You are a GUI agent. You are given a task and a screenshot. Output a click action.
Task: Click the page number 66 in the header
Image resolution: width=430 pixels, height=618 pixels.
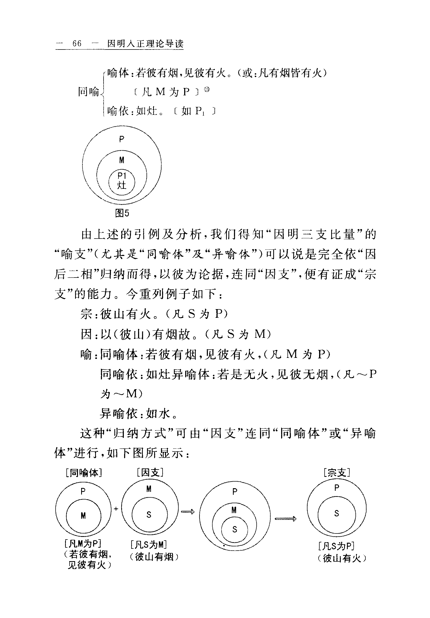[x=77, y=44]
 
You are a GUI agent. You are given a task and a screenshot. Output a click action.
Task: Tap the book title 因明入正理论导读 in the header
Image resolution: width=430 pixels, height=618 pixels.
[x=145, y=44]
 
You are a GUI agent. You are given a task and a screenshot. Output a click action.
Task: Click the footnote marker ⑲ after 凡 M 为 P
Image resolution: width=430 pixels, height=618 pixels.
[x=207, y=90]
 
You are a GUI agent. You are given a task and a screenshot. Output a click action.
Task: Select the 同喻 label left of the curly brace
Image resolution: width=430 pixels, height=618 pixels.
[x=89, y=92]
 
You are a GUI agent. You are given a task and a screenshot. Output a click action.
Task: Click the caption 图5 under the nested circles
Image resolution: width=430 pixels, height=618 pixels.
[x=122, y=213]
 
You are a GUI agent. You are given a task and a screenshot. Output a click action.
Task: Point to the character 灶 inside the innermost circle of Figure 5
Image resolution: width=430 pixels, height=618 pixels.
[x=122, y=185]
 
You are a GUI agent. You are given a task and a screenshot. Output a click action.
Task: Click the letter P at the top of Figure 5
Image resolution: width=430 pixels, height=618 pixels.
[x=122, y=139]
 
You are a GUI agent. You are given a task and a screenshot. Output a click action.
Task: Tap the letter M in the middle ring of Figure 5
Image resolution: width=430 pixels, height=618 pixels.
[x=122, y=160]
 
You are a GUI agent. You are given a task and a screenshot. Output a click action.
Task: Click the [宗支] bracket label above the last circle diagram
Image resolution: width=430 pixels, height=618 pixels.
[x=337, y=472]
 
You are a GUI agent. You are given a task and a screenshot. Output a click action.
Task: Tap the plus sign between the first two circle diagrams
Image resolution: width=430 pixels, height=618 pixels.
[x=116, y=509]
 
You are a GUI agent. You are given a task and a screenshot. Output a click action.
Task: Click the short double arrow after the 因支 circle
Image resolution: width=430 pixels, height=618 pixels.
[x=188, y=512]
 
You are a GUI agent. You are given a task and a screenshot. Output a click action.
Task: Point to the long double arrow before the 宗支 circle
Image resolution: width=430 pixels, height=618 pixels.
[x=285, y=518]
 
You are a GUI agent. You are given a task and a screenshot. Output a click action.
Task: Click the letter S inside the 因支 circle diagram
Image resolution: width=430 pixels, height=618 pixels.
[x=149, y=515]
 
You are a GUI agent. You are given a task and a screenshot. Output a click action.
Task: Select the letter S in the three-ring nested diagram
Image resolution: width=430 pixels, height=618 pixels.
[x=234, y=530]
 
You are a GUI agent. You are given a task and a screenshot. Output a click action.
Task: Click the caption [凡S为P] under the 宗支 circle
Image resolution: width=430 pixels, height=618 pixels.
[x=336, y=546]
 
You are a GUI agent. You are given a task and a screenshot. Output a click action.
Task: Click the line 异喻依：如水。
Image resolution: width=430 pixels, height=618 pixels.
[x=139, y=413]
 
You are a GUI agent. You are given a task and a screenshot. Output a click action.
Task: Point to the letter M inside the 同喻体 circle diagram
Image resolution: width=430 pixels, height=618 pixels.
[x=83, y=516]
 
